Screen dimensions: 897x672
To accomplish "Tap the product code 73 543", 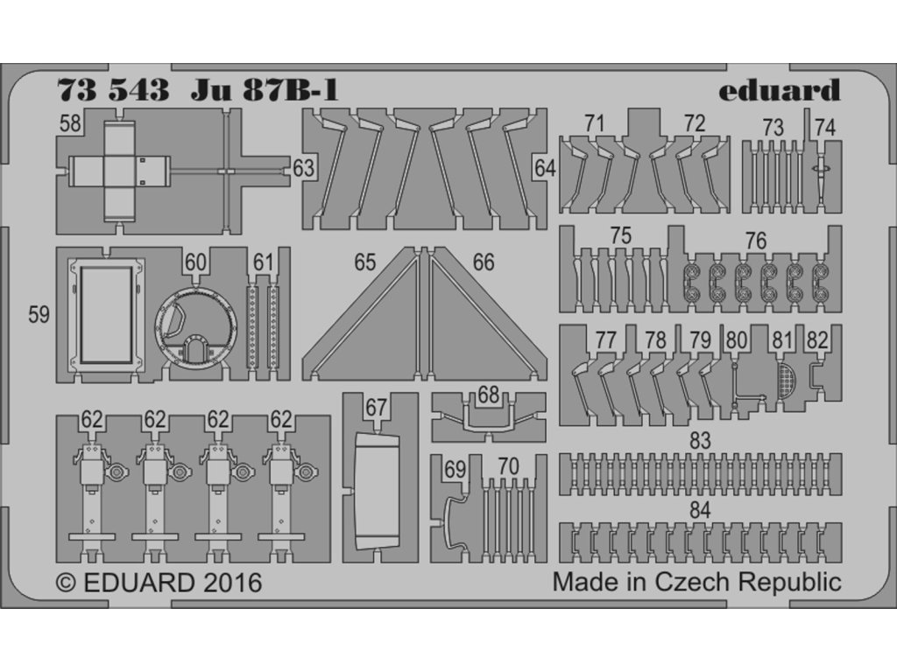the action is [113, 91].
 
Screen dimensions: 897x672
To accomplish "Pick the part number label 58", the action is [70, 124].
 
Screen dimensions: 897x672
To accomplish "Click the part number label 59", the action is [39, 315].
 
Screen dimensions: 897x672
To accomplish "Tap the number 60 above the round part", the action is [195, 262].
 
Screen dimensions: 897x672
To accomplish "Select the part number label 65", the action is [365, 262].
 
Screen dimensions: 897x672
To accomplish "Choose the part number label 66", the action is [483, 262].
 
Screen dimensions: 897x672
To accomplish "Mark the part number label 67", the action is [377, 408].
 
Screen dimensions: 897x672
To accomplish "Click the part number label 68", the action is [489, 395].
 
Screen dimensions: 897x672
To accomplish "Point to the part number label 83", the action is [699, 442].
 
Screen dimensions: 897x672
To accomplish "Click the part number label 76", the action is [755, 241].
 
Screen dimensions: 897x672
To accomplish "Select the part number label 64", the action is [545, 167].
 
